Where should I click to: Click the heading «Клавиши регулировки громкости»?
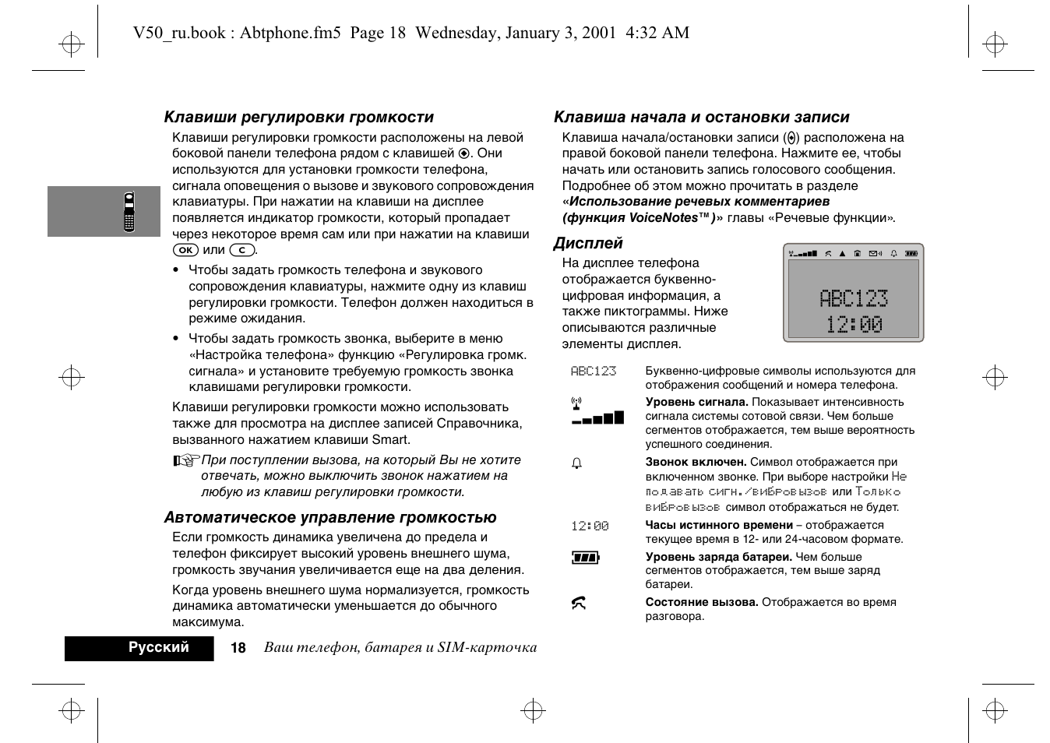coord(298,118)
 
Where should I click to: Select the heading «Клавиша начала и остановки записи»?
coord(701,118)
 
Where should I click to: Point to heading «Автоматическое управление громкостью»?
coord(329,518)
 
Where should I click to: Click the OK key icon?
coord(185,251)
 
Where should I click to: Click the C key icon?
coord(242,251)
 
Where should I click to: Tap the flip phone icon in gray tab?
coord(129,211)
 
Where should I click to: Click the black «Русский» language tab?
coord(158,648)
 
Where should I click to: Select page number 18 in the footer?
coord(238,648)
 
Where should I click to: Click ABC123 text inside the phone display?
coord(853,298)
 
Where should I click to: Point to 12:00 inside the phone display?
coord(854,325)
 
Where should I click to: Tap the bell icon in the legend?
coord(577,463)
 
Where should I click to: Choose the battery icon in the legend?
coord(585,558)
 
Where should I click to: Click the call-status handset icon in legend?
coord(578,604)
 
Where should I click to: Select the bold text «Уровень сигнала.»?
coord(696,403)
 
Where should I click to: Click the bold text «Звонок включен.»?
coord(695,463)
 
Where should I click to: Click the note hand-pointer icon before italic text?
coord(186,461)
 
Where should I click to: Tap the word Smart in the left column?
coord(390,440)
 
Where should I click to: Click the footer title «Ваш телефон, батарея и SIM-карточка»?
coord(400,648)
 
